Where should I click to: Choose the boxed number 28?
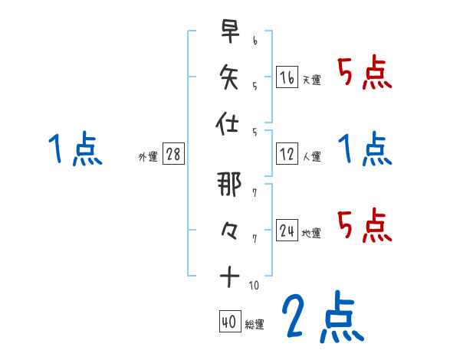tap(173, 155)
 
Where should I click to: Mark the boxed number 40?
tap(228, 322)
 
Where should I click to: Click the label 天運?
tap(311, 80)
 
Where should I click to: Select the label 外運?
tap(148, 157)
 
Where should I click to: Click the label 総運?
tap(254, 325)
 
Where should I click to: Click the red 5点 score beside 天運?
tap(365, 75)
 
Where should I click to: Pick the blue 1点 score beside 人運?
tap(365, 149)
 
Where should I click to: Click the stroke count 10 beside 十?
tap(254, 286)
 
